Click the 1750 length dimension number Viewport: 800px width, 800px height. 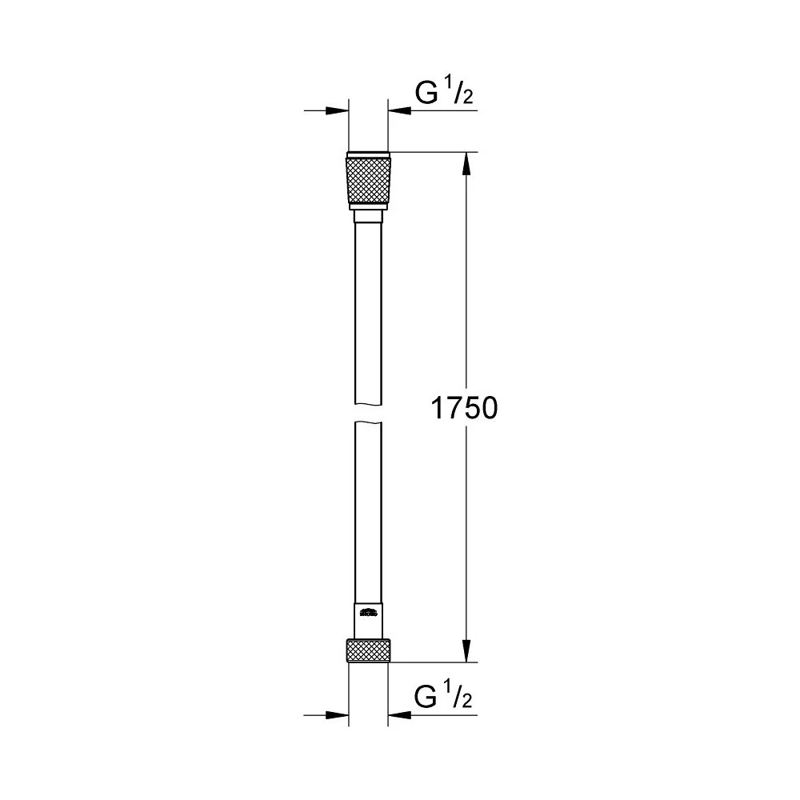point(465,409)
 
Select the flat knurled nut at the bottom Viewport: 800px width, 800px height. point(369,650)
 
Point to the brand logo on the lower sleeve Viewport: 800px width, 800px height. point(369,614)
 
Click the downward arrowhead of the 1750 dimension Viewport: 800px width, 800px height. point(466,651)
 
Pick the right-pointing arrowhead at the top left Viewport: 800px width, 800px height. point(340,110)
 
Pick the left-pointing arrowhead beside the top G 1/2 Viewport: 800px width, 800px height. point(398,110)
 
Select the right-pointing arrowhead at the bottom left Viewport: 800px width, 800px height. point(340,713)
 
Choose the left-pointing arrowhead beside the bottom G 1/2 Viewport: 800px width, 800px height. point(398,713)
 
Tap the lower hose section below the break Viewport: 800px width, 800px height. point(369,512)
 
